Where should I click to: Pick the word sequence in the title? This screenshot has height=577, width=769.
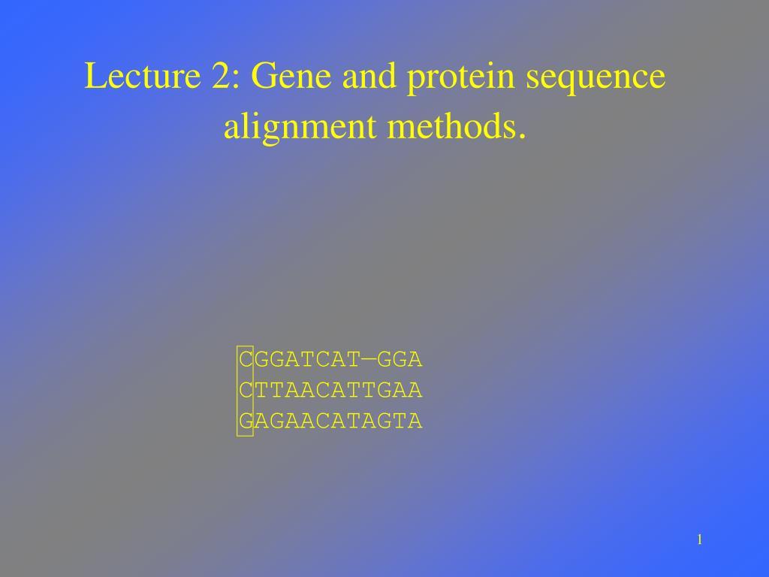pos(596,78)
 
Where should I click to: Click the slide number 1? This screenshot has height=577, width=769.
pos(699,539)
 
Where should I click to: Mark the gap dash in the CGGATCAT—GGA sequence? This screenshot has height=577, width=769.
pos(369,360)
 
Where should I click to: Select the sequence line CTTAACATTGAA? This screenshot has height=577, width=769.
pos(330,391)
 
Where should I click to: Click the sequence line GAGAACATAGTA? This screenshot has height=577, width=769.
pos(330,421)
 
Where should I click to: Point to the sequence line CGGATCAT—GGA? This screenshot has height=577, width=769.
pos(330,360)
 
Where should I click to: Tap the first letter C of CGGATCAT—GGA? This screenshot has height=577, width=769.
pos(245,360)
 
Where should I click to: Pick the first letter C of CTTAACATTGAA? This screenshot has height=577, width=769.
pos(245,391)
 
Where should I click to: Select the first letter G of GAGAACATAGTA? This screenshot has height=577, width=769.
pos(245,421)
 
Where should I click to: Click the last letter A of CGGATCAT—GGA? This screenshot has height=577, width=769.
pos(416,360)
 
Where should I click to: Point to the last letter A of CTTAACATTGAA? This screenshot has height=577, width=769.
pos(416,391)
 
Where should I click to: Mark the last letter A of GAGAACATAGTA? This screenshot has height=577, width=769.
pos(416,421)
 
